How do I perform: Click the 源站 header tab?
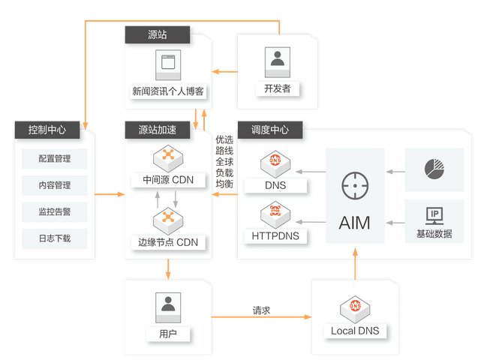[x=157, y=34]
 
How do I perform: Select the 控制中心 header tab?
[x=47, y=129]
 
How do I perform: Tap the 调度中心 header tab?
[x=269, y=129]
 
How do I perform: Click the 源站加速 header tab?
[x=158, y=129]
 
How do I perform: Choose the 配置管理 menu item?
[x=55, y=158]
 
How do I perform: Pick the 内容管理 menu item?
[x=55, y=185]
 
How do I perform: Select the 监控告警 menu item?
[x=55, y=212]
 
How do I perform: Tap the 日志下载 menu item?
[x=55, y=239]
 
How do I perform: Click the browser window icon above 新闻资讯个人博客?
[x=168, y=64]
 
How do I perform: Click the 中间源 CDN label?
[x=168, y=180]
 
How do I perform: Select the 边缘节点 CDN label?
[x=168, y=242]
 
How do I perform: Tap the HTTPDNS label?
[x=275, y=235]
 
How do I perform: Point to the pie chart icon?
[x=434, y=168]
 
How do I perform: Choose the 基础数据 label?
[x=434, y=234]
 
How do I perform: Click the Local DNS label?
[x=355, y=331]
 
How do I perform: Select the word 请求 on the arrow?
[x=262, y=309]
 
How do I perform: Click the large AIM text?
[x=354, y=223]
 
